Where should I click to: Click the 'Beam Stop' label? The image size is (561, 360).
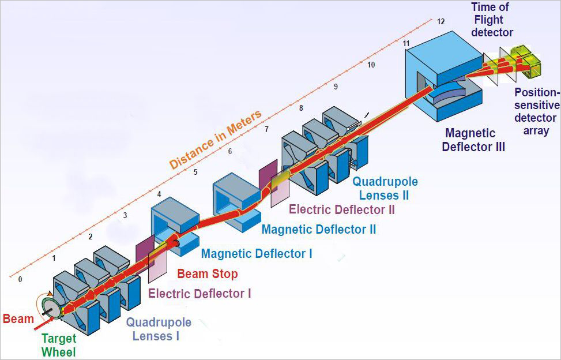point(207,273)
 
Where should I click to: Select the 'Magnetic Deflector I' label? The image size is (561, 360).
point(257,253)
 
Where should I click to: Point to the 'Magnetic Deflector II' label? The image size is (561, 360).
point(319,229)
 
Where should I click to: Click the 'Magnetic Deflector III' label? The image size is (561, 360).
point(473,140)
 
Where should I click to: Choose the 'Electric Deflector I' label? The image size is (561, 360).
point(199,294)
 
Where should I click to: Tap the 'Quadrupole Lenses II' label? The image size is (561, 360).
point(385,188)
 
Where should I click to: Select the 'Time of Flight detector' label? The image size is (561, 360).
point(492,20)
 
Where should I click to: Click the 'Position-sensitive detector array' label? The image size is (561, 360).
point(537,111)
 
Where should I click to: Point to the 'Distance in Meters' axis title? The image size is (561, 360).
point(216,140)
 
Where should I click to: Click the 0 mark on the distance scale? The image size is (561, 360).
point(20,280)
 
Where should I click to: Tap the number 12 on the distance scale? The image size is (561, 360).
point(440,22)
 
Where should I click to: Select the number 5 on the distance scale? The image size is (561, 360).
point(195,172)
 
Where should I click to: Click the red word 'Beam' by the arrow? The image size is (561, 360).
point(18,319)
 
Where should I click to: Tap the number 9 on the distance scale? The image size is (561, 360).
point(336,87)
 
